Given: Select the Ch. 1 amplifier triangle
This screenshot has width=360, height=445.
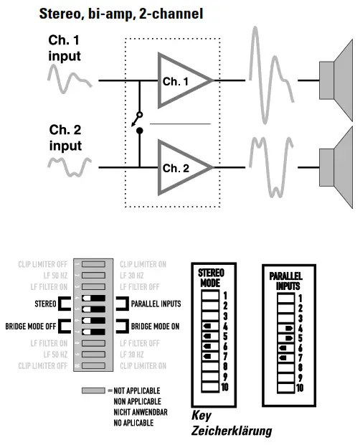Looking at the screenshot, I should tap(180, 81).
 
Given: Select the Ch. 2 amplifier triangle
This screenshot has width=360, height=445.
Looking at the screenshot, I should tap(180, 168).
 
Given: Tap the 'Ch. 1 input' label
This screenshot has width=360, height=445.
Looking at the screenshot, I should tap(65, 48).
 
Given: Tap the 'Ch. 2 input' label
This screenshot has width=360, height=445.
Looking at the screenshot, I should tap(65, 138).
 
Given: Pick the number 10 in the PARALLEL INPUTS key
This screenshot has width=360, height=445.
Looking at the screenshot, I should tap(299, 388).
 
